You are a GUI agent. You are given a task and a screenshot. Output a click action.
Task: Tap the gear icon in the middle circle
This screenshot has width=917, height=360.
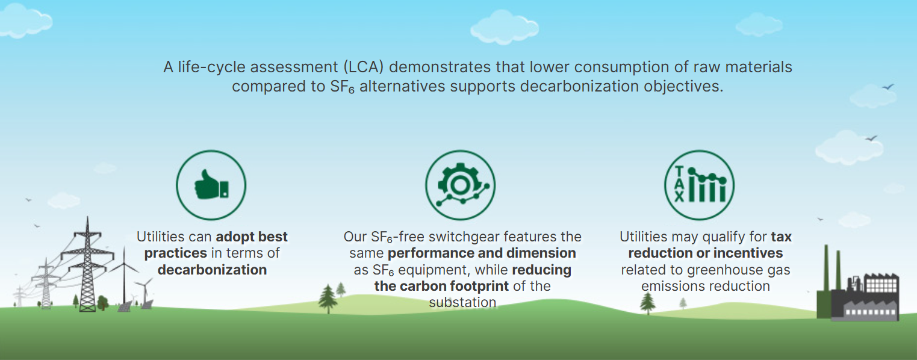[x=460, y=185]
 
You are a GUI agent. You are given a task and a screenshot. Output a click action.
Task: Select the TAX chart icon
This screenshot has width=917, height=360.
[x=700, y=184]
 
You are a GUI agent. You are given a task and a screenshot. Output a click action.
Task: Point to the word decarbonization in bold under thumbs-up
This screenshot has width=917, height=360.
[x=212, y=270]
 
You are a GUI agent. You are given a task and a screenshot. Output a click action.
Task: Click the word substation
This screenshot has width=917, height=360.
[x=462, y=302]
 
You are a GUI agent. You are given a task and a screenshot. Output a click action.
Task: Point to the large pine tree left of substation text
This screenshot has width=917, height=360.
[x=328, y=299]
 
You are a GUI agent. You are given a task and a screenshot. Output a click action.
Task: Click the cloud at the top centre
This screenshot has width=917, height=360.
[x=505, y=27]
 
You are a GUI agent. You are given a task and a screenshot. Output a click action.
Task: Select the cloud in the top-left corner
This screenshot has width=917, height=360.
[x=25, y=21]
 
